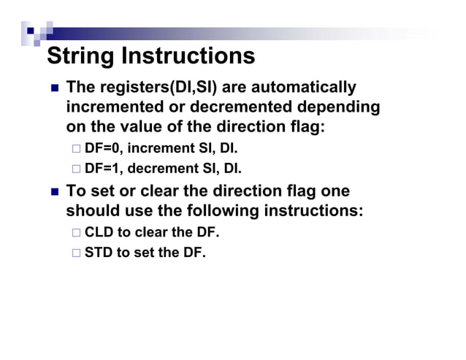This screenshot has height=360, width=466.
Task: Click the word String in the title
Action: (x=81, y=56)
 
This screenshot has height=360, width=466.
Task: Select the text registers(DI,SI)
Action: (x=154, y=88)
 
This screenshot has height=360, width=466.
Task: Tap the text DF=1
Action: (x=103, y=169)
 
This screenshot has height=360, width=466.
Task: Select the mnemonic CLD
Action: (x=100, y=233)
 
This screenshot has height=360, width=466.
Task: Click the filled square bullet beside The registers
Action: (x=54, y=89)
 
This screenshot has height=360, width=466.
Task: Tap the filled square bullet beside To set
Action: (x=54, y=192)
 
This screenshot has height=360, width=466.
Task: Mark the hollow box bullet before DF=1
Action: (x=77, y=170)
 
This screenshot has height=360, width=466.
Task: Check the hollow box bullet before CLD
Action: (x=77, y=234)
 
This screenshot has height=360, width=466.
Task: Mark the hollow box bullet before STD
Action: (x=77, y=254)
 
